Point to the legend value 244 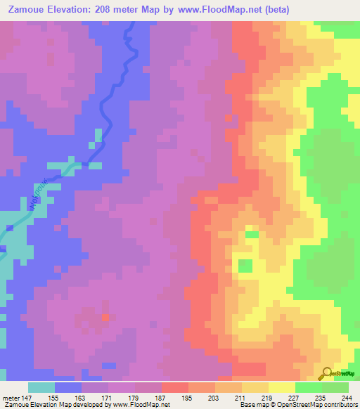(347, 397)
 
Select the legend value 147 (27, 397)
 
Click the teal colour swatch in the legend (41, 387)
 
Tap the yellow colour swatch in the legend (281, 387)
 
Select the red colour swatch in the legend (174, 387)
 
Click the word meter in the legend (11, 397)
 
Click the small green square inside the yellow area (245, 266)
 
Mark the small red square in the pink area (106, 318)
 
